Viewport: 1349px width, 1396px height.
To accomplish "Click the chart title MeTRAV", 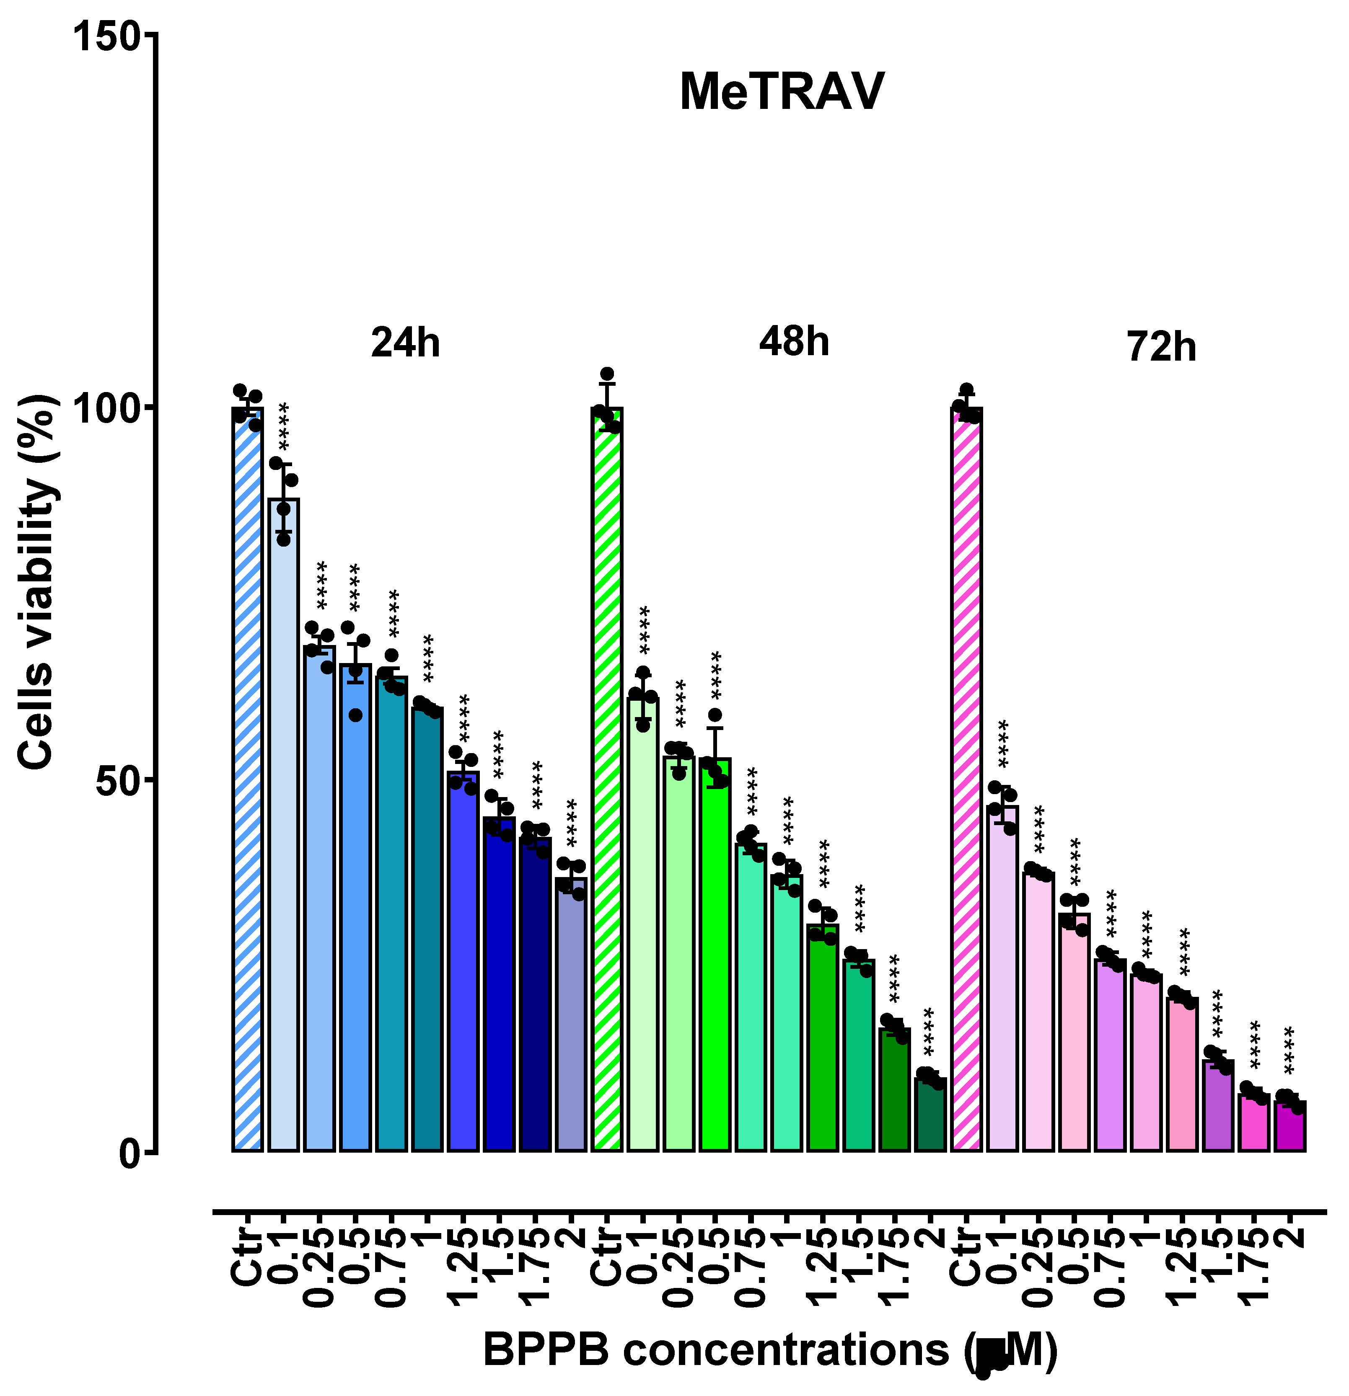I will click(782, 93).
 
